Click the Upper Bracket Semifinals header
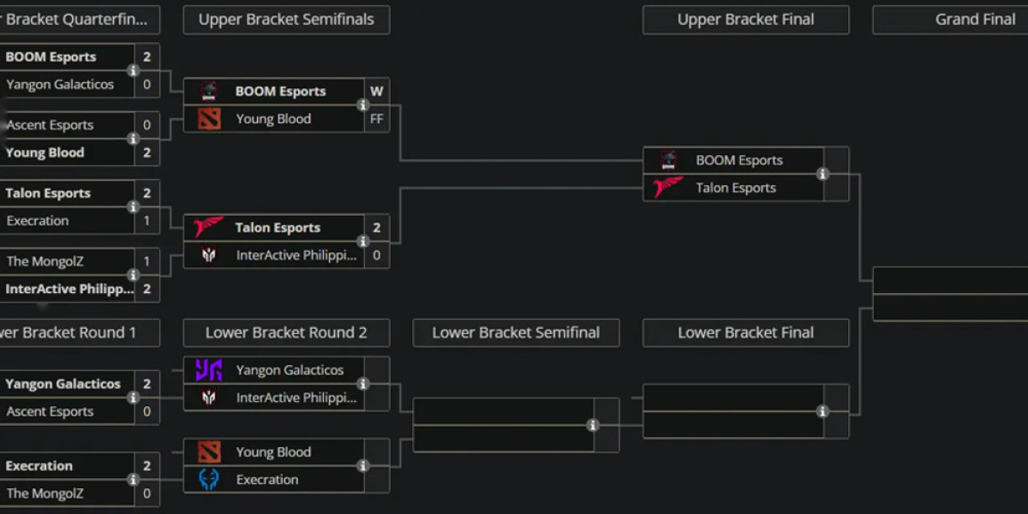coord(286,20)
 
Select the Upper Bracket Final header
coord(745,20)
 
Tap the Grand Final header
coord(975,20)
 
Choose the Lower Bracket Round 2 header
coord(286,333)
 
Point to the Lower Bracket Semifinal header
coord(516,333)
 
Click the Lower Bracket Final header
coord(745,333)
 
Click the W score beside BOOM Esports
coord(377,92)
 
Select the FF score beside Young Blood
coord(377,119)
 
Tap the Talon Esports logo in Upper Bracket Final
coord(668,188)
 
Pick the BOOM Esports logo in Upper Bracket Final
coord(668,160)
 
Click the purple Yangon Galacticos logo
coord(209,370)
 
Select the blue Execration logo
coord(209,480)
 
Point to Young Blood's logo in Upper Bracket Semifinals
coord(209,119)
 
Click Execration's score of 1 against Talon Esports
coord(147,221)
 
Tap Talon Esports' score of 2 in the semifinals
coord(377,228)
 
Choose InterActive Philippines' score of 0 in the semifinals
coord(377,255)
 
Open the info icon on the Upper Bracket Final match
coord(822,174)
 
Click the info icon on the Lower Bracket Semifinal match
coord(593,425)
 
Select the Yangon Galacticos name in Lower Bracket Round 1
coord(63,384)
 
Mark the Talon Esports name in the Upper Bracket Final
coord(736,188)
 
